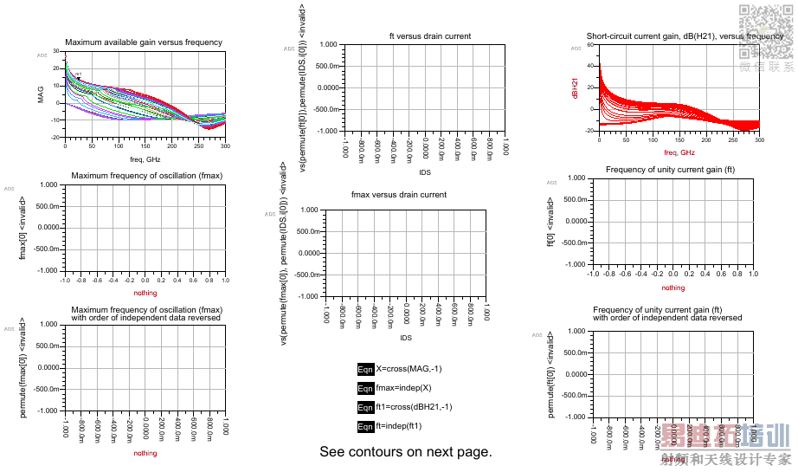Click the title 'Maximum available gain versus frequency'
click(144, 42)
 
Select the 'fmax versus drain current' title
click(398, 195)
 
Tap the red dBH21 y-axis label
click(575, 87)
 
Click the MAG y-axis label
click(41, 94)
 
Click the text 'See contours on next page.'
click(405, 452)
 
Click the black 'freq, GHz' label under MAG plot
click(145, 159)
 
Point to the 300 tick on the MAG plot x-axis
click(225, 146)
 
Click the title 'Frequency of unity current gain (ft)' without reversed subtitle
click(670, 170)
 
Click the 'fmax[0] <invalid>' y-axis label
click(23, 228)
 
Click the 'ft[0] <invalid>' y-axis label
click(550, 221)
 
